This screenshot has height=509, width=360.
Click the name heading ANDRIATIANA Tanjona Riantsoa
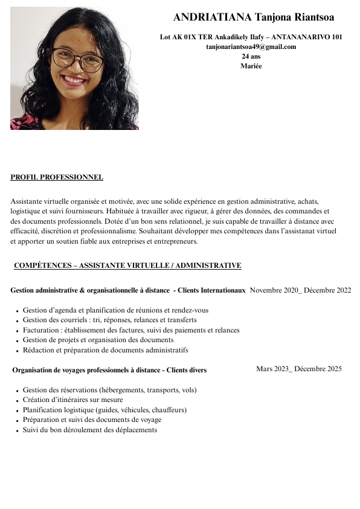pyautogui.click(x=253, y=18)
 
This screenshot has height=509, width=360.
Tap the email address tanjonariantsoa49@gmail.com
pyautogui.click(x=251, y=47)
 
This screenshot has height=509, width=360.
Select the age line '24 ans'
pyautogui.click(x=251, y=56)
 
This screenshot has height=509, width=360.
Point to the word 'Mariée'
pyautogui.click(x=251, y=66)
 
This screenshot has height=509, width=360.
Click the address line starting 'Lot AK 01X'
pyautogui.click(x=251, y=37)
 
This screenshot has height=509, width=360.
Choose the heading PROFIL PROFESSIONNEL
pyautogui.click(x=57, y=177)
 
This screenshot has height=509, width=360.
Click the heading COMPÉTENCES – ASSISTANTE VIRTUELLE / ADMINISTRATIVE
pyautogui.click(x=127, y=265)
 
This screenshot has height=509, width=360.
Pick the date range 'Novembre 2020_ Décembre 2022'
pyautogui.click(x=300, y=290)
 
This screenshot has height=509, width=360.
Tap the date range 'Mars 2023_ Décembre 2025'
pyautogui.click(x=298, y=369)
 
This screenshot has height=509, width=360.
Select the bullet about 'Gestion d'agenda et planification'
pyautogui.click(x=115, y=310)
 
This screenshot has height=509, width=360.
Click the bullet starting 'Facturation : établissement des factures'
pyautogui.click(x=131, y=330)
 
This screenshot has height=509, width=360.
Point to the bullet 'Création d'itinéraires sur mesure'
pyautogui.click(x=72, y=400)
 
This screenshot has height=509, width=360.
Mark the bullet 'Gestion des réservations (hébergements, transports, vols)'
pyautogui.click(x=109, y=390)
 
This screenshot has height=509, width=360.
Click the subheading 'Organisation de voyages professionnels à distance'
pyautogui.click(x=109, y=370)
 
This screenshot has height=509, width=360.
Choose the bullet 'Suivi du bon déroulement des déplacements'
pyautogui.click(x=89, y=430)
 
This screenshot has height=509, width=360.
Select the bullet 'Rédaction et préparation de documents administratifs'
pyautogui.click(x=105, y=350)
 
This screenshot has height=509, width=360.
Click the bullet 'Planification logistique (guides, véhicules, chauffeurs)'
pyautogui.click(x=104, y=410)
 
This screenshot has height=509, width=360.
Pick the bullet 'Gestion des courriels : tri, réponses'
pyautogui.click(x=109, y=320)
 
